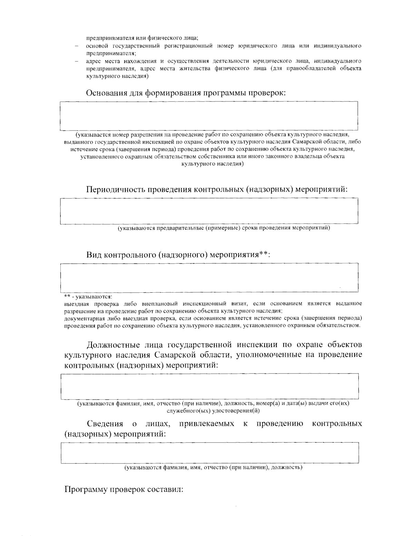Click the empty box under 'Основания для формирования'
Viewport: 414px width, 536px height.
coord(209,116)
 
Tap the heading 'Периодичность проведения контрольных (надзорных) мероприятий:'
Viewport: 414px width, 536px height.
coord(217,189)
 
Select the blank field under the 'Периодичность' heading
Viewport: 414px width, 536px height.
coord(209,211)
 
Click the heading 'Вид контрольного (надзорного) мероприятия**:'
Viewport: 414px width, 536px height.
coord(178,255)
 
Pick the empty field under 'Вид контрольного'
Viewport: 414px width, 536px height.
coord(209,276)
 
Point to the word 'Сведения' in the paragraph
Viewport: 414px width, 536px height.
coord(105,423)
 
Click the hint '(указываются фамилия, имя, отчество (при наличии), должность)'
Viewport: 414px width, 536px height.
coord(214,468)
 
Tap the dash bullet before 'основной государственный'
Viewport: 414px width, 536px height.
coord(78,46)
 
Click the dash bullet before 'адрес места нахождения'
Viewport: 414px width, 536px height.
coord(78,61)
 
